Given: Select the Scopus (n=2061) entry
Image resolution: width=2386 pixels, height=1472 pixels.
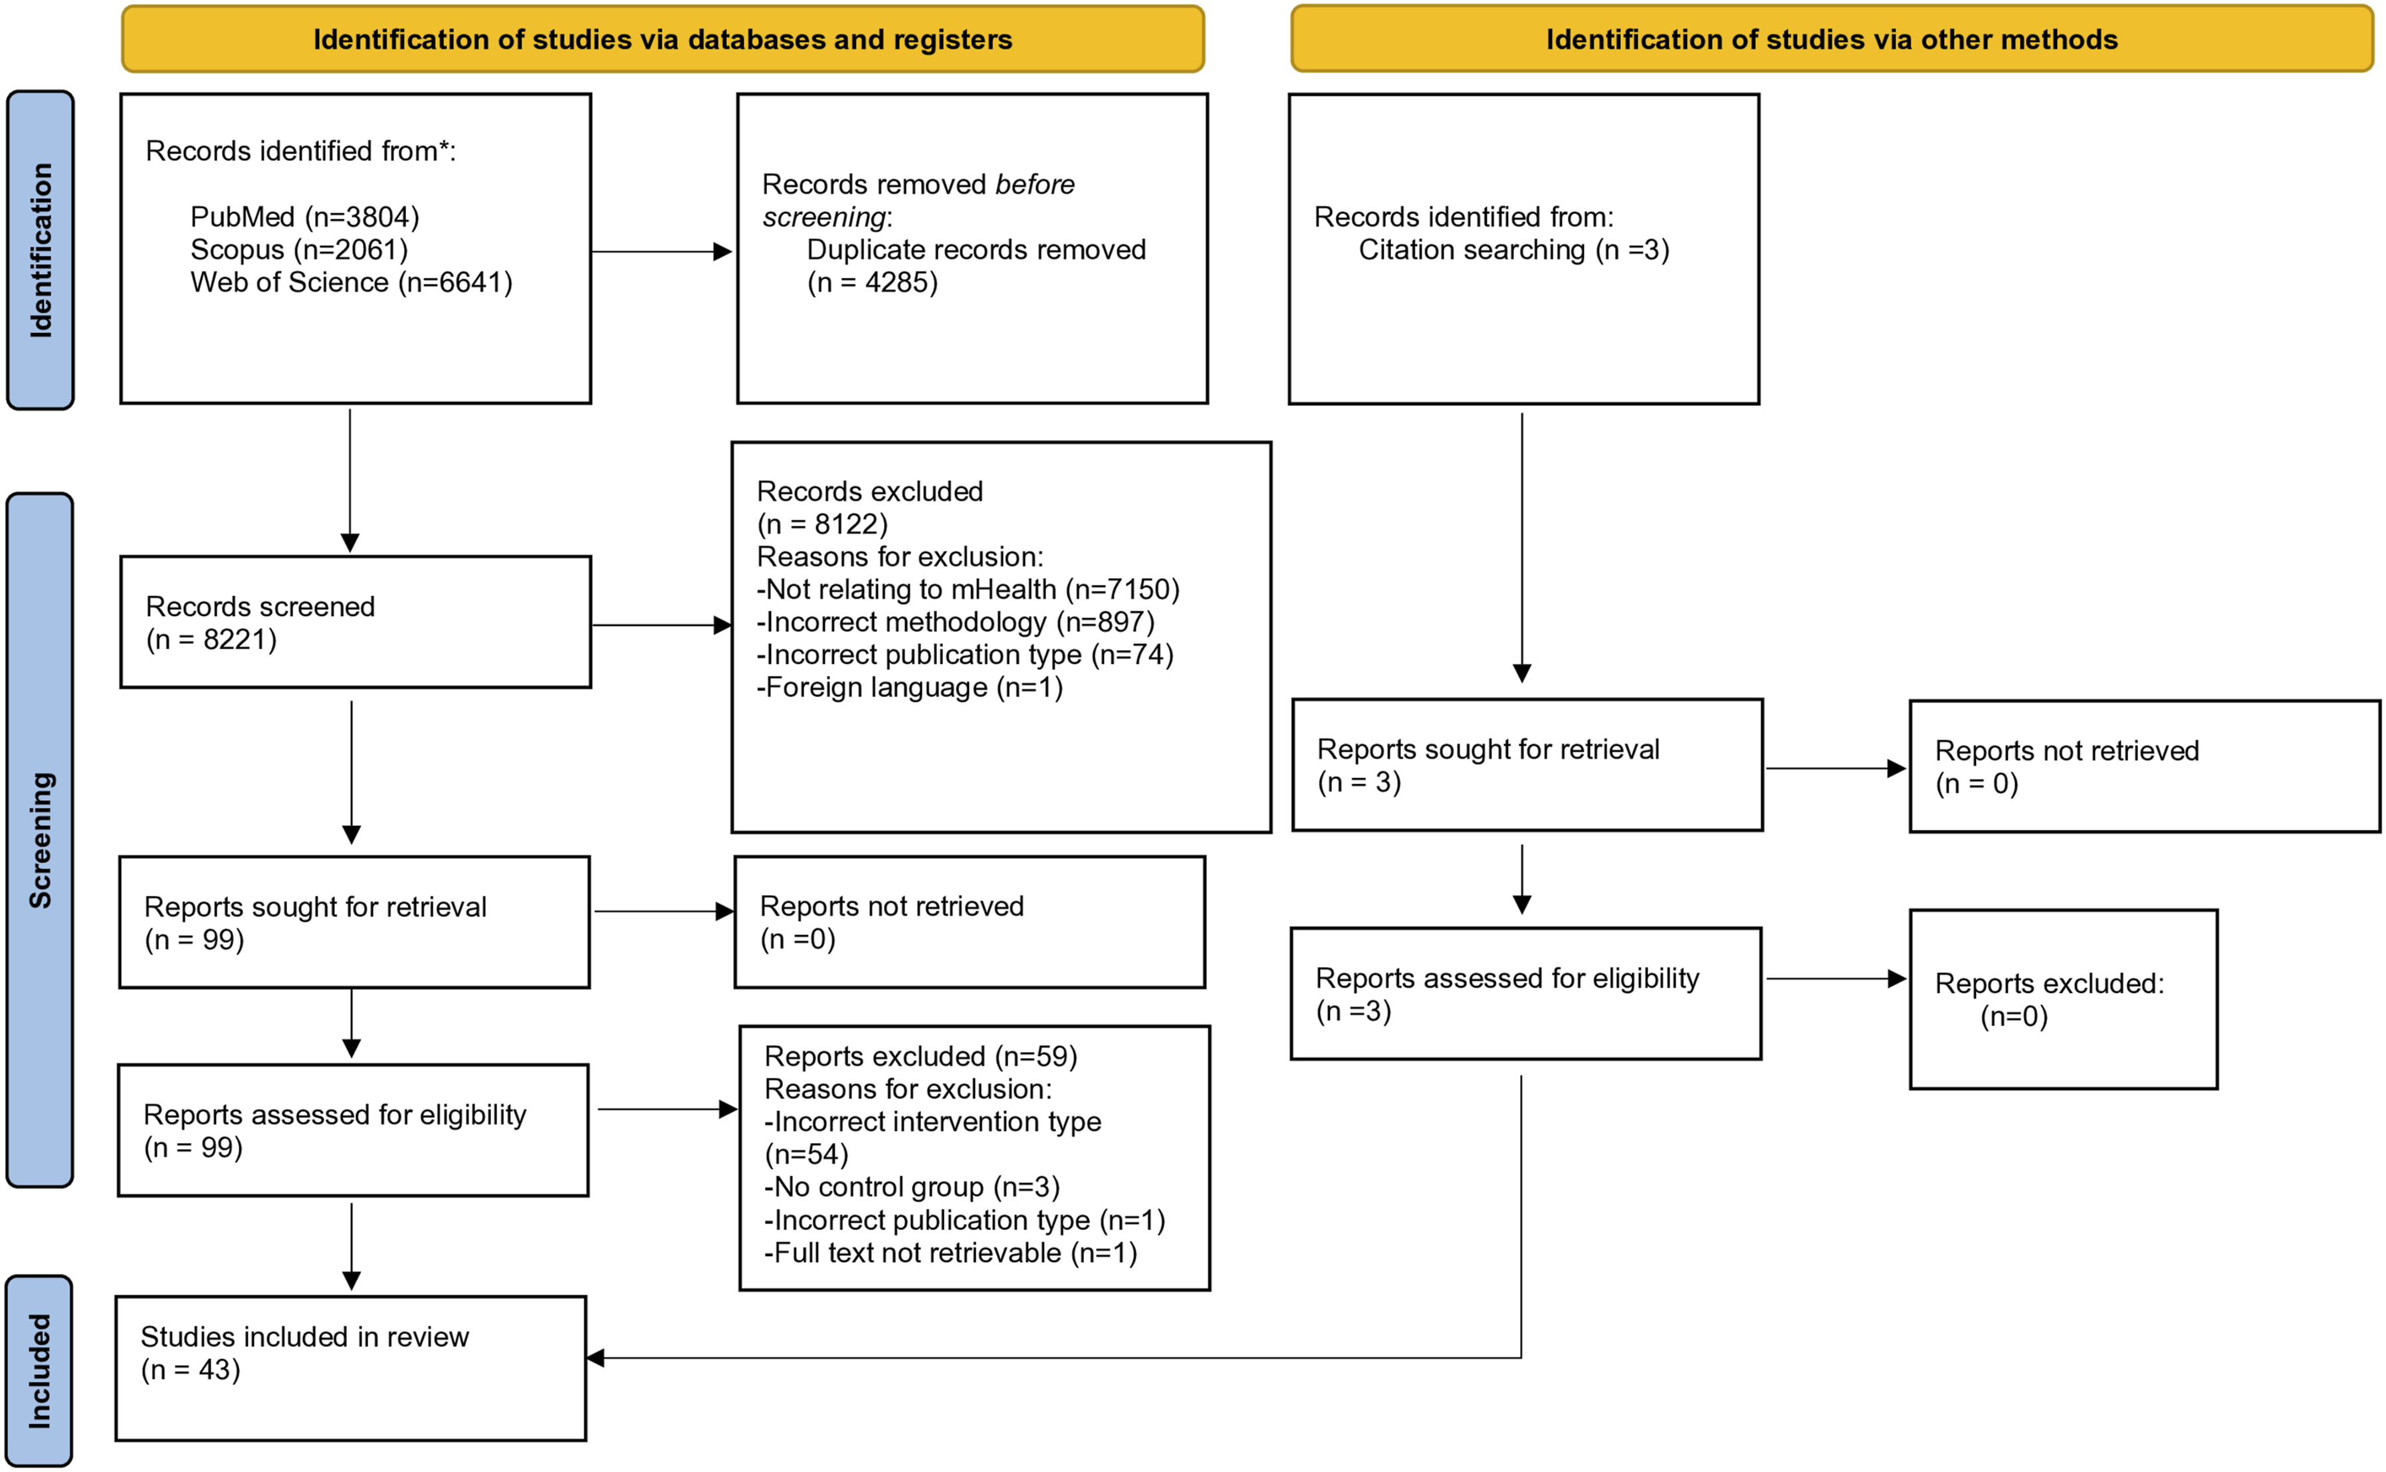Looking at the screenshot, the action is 299,249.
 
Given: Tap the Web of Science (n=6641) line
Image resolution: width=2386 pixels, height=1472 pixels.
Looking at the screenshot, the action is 352,282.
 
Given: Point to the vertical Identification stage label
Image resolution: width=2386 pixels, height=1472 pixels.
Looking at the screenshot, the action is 40,250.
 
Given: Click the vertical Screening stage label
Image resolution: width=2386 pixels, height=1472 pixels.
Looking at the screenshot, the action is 40,840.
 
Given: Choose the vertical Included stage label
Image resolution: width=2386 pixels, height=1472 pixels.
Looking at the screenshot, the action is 39,1371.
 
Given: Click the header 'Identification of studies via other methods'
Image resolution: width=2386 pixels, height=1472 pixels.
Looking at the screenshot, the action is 1832,39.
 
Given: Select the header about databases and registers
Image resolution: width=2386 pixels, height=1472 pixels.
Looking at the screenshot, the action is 663,39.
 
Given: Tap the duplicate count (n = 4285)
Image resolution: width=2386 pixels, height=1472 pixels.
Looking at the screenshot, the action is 872,282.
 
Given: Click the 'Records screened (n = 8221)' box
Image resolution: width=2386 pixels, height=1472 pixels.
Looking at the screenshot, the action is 356,622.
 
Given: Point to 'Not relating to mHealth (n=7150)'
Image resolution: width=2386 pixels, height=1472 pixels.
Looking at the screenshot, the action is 968,589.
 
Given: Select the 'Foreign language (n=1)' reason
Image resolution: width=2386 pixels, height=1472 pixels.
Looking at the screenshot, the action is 911,687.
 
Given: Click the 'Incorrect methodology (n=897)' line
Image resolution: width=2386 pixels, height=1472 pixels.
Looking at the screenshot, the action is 956,622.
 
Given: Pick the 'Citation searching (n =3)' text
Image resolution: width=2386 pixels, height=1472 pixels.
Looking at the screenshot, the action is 1514,250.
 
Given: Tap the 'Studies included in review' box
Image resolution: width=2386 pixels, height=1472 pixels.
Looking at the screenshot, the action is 352,1369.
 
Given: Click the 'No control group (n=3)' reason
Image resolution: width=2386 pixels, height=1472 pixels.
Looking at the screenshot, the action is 912,1187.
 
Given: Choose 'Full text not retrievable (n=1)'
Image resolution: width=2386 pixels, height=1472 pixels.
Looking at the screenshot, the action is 951,1253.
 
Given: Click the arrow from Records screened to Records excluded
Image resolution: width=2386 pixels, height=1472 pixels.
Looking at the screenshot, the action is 662,625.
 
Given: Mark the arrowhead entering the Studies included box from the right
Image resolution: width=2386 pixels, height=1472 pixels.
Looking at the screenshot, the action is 595,1358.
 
